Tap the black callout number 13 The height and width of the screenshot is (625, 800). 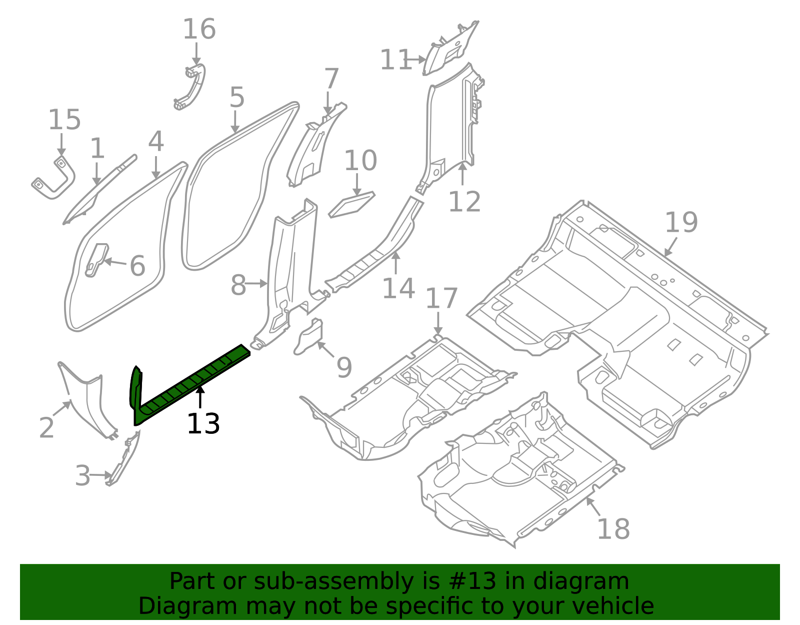click(203, 424)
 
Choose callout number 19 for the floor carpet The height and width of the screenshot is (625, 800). click(681, 222)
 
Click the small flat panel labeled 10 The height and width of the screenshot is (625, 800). click(351, 204)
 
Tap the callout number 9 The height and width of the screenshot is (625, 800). click(344, 367)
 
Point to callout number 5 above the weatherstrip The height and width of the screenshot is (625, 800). click(237, 97)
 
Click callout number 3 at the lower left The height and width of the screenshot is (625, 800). click(82, 475)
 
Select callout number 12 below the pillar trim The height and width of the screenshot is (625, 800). click(464, 202)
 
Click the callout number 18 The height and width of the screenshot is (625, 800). click(613, 528)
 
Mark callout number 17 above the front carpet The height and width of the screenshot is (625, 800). click(441, 298)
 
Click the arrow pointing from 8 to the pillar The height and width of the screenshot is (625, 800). click(257, 284)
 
